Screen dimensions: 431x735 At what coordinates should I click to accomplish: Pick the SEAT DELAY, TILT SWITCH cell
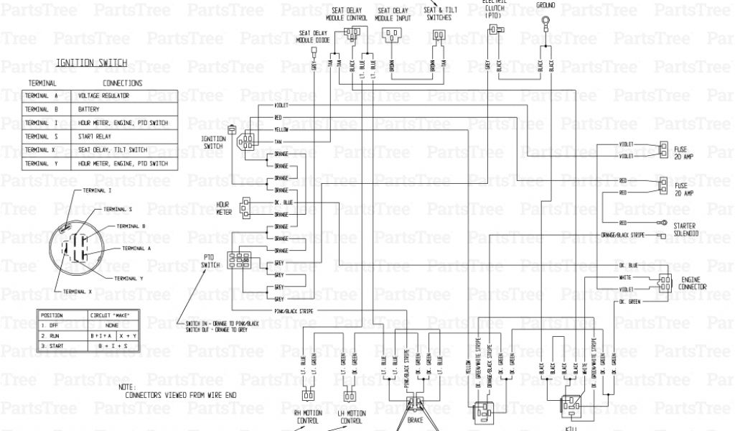[x=113, y=150]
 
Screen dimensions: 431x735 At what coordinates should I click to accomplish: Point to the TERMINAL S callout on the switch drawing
[x=118, y=208]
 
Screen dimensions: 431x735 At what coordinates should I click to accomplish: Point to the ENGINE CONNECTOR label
[x=693, y=282]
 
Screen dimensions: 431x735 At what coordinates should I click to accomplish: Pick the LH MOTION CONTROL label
[x=350, y=416]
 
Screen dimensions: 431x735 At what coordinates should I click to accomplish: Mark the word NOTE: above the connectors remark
[x=126, y=386]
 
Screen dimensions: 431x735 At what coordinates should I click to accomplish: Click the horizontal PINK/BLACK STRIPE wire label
[x=294, y=310]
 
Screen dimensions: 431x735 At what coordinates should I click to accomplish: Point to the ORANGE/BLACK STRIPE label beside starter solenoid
[x=623, y=235]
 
